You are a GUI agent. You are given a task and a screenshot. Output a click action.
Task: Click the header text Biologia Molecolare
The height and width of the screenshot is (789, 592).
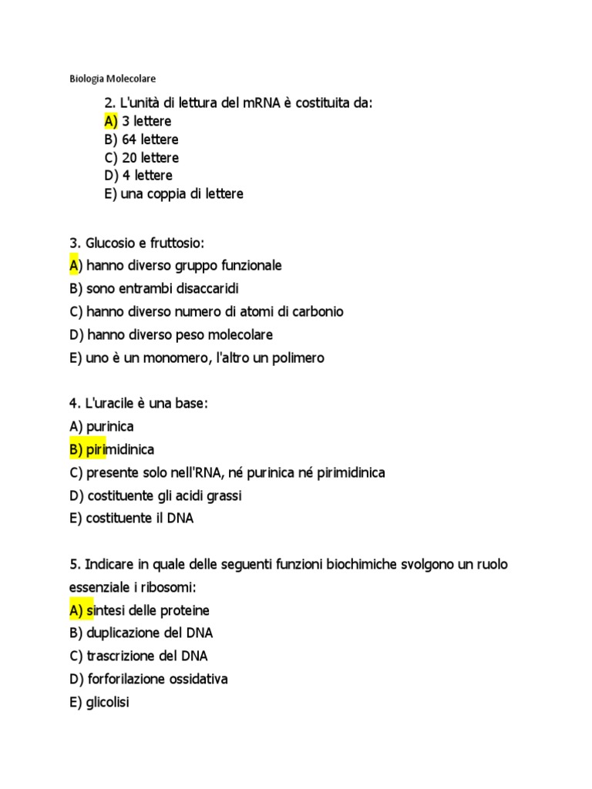(x=113, y=79)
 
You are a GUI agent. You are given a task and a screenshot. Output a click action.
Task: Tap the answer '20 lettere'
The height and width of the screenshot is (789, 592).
(x=150, y=158)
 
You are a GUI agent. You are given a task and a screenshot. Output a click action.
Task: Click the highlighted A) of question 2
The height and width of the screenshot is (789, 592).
(x=111, y=122)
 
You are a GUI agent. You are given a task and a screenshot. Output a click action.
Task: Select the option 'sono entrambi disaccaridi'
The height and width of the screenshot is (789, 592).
(x=163, y=289)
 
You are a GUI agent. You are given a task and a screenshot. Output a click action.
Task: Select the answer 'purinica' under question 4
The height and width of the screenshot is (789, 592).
(x=111, y=426)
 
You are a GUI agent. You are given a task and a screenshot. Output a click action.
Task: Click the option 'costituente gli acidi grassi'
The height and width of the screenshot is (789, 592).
(x=170, y=495)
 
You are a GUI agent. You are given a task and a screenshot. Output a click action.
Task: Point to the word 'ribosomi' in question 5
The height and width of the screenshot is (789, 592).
(x=170, y=588)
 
